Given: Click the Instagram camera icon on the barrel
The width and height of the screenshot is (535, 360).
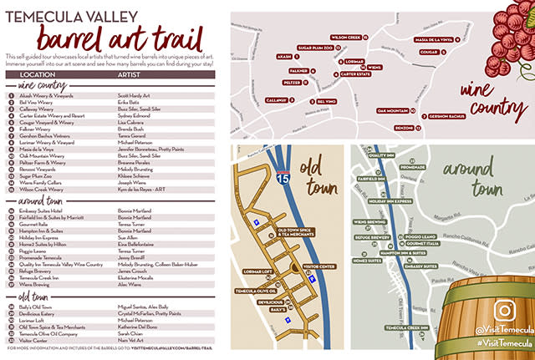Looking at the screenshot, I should tap(503, 309).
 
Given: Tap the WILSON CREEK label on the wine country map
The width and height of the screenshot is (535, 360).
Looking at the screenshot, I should tap(345, 38).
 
